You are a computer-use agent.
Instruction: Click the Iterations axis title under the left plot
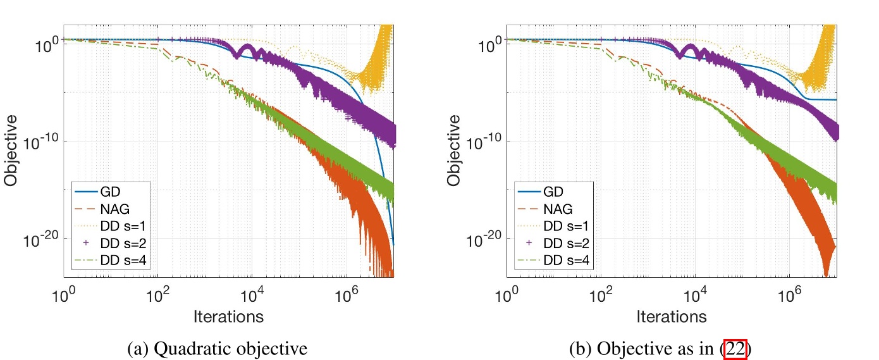click(229, 316)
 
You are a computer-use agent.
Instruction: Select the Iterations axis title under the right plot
click(672, 316)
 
